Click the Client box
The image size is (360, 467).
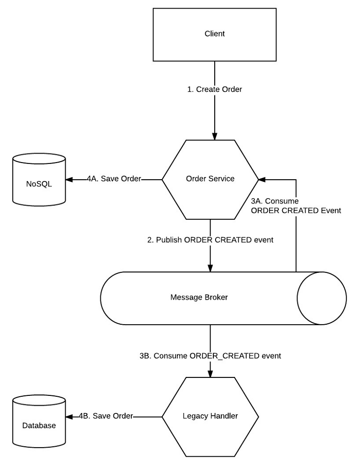coord(214,34)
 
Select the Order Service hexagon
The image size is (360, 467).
coord(210,179)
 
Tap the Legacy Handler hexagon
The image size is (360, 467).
coord(210,416)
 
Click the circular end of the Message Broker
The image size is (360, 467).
coord(321,298)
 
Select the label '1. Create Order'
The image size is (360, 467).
coord(215,90)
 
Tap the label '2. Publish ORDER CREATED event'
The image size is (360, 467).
coord(210,240)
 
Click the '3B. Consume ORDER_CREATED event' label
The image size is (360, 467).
coord(210,356)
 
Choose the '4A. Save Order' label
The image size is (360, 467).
coord(114,179)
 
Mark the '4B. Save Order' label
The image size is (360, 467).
coord(106,416)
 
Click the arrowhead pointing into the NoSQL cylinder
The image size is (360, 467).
coord(69,179)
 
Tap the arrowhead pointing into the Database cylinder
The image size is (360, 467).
coord(69,416)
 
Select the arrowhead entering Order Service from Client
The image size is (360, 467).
coord(215,137)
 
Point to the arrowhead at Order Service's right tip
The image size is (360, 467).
coord(261,179)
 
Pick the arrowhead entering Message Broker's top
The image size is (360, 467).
coord(210,268)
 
